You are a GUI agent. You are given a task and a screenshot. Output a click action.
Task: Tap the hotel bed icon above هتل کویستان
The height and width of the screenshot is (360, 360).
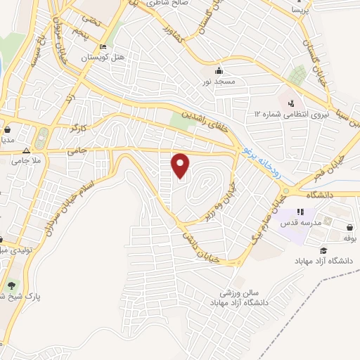click(103, 46)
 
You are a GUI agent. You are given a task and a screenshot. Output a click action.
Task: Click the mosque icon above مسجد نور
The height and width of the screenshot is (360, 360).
click(219, 70)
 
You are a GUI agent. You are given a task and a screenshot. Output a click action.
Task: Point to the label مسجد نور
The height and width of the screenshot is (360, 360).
click(219, 82)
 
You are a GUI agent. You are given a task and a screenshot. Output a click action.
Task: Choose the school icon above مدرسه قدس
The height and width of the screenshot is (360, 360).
click(300, 212)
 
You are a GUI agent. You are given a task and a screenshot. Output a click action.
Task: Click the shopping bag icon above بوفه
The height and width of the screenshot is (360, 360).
click(350, 226)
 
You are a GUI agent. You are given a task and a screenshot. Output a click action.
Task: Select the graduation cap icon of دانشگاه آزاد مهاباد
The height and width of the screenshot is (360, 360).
click(323, 250)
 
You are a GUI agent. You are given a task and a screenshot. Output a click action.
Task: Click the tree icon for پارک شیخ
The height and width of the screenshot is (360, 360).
click(12, 285)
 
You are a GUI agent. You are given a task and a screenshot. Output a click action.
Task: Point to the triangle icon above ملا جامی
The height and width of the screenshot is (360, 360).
click(27, 150)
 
